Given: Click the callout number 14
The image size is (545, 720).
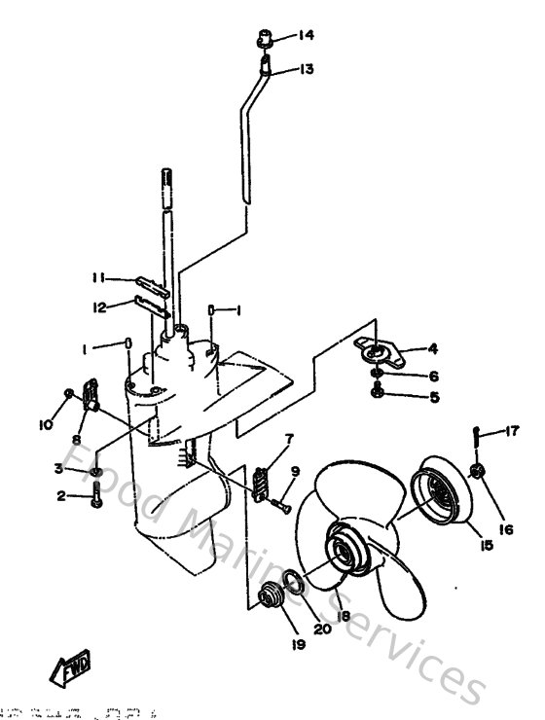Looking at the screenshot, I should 307,37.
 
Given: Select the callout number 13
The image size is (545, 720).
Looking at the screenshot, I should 307,69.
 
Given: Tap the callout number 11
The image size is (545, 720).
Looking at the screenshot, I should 98,277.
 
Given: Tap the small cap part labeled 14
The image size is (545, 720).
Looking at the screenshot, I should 264,41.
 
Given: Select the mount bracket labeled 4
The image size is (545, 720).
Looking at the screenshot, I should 375,350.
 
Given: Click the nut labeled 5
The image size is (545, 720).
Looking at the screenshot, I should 377,391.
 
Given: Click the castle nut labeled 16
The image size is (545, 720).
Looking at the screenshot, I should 476,472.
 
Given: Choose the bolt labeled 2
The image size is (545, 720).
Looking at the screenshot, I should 95,501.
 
